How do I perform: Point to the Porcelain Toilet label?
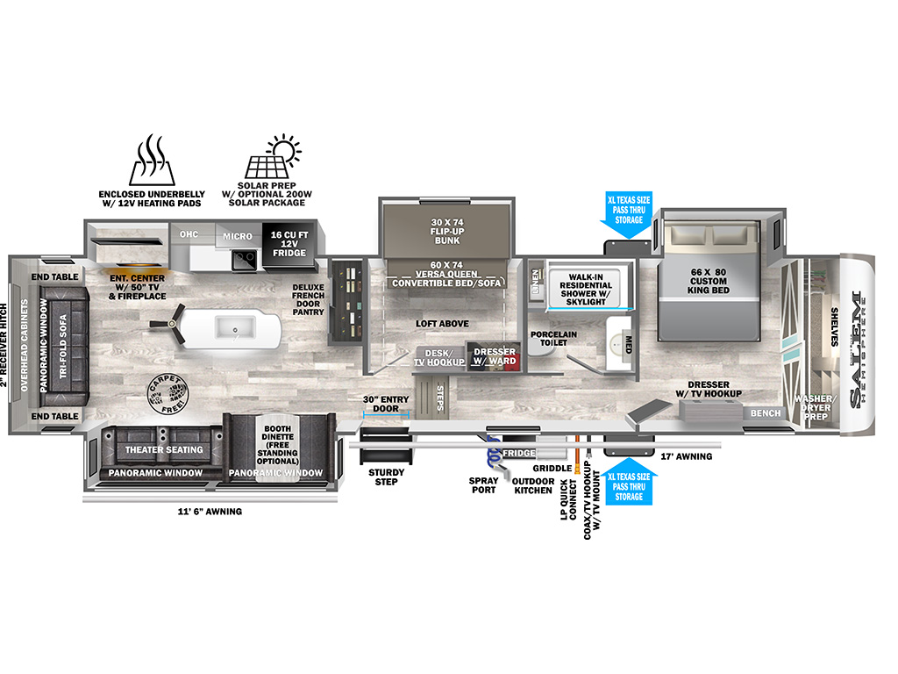pos(552,339)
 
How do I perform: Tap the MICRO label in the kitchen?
pos(237,236)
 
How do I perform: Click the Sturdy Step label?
pos(387,477)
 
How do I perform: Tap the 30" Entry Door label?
pos(386,404)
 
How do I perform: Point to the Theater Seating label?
pos(163,449)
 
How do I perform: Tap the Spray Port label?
pos(483,485)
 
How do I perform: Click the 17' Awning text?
pos(687,456)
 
